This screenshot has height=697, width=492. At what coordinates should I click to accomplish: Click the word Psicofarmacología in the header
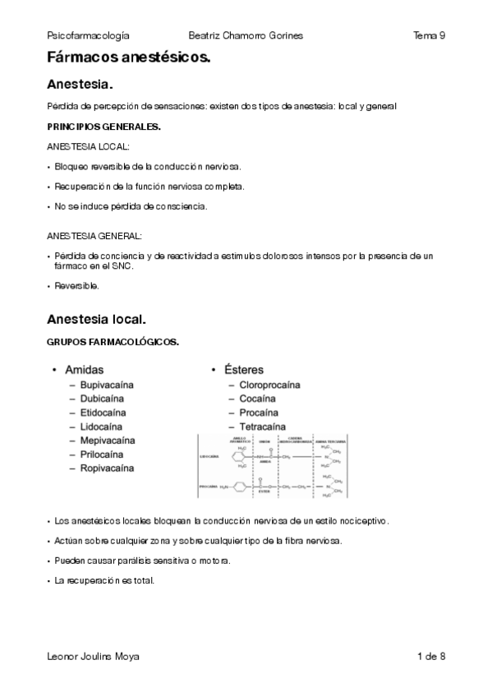tap(89, 35)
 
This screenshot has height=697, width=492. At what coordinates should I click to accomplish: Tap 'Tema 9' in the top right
tap(430, 35)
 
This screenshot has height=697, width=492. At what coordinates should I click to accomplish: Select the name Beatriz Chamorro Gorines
tap(246, 35)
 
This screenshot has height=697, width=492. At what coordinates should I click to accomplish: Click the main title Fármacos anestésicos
tap(129, 58)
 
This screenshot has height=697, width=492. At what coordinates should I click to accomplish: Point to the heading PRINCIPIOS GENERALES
tap(103, 127)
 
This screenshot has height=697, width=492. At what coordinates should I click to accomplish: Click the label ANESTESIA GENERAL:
tap(94, 236)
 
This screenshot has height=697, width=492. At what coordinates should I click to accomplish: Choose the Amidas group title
tap(84, 370)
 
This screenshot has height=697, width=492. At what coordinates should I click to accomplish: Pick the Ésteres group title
tap(245, 370)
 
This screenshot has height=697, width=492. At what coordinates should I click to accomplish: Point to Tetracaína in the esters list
tap(269, 427)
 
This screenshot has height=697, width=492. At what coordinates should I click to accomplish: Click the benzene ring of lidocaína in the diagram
tap(240, 457)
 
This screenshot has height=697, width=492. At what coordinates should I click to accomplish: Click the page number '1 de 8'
tap(431, 656)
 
